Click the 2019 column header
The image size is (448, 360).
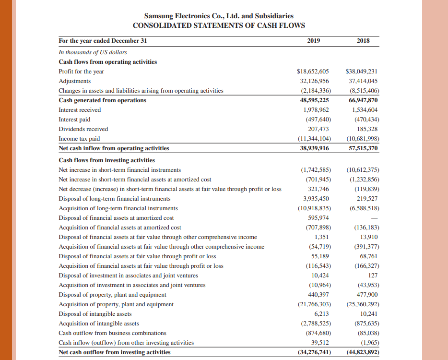click(x=313, y=41)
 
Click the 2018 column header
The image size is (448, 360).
click(x=363, y=41)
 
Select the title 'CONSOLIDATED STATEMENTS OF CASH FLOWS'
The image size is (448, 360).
click(x=219, y=25)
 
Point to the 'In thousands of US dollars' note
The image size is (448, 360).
click(x=93, y=52)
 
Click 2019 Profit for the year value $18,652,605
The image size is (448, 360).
click(x=313, y=72)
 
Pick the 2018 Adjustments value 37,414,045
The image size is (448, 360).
click(x=363, y=81)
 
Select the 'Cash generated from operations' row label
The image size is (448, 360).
click(x=102, y=100)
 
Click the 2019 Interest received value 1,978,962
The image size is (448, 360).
click(x=316, y=110)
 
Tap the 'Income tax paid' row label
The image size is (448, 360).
click(x=79, y=139)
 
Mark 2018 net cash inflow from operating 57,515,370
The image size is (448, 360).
click(x=363, y=148)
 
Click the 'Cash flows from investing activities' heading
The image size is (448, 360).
click(x=106, y=160)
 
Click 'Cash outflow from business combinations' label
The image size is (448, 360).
click(x=112, y=333)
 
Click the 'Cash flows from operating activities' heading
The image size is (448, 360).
click(x=107, y=61)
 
